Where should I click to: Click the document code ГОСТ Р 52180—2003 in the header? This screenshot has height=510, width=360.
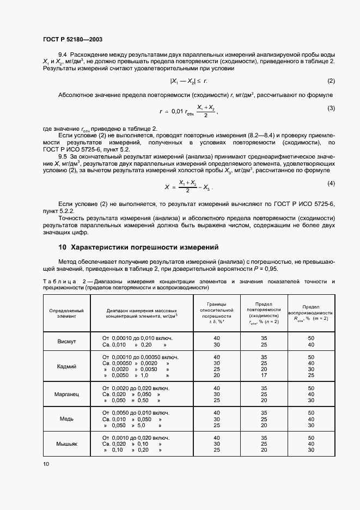point(72,40)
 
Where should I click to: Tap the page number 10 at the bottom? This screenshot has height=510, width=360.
point(46,464)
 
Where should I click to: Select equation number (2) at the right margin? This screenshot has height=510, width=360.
point(331,81)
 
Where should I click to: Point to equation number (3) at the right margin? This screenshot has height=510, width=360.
point(331,108)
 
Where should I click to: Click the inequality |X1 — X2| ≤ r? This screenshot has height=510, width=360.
point(189,82)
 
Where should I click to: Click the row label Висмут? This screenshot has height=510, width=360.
point(66,341)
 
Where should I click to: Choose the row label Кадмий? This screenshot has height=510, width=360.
point(66,367)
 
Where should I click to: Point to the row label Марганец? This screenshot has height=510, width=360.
point(66,394)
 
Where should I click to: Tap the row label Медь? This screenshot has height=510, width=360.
point(66,420)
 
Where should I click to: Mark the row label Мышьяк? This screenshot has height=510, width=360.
point(66,445)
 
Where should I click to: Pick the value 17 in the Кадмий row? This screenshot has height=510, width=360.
point(264,375)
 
